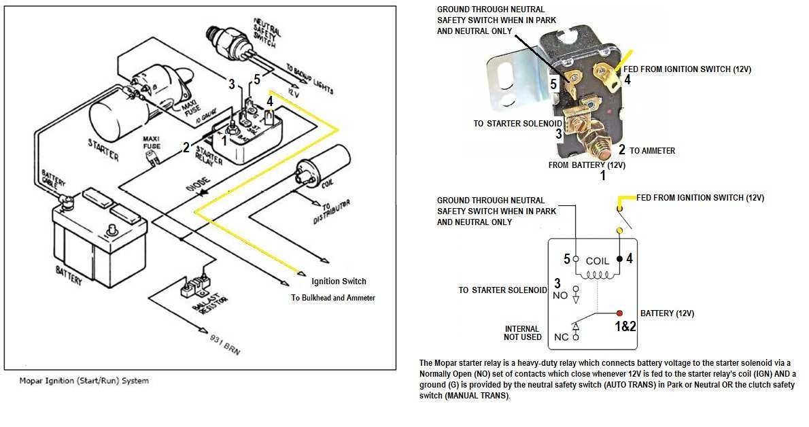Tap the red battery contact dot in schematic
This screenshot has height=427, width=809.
click(619, 313)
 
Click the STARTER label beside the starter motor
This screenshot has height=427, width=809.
click(103, 148)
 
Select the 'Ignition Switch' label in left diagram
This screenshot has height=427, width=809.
click(339, 281)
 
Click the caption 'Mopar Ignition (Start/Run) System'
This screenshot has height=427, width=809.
click(84, 381)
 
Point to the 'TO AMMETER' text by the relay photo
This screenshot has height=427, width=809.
click(653, 150)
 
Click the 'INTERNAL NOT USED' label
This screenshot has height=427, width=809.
click(523, 332)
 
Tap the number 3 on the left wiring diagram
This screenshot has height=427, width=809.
click(232, 84)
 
